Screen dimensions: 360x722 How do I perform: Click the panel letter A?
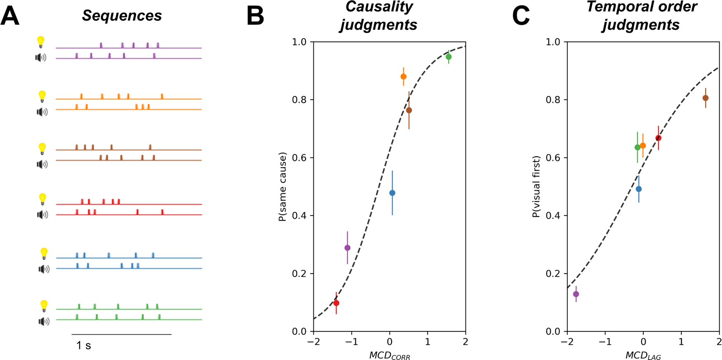point(10,17)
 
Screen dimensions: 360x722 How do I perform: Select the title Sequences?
point(122,16)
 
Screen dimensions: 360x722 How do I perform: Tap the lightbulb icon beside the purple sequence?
point(41,42)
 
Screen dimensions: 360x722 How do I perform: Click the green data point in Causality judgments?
point(449,57)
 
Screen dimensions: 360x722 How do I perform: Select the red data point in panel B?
point(336,303)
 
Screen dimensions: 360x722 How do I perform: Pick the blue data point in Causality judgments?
point(392,193)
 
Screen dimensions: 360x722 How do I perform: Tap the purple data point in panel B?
point(347,248)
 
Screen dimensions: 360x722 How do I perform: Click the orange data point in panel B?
point(403,77)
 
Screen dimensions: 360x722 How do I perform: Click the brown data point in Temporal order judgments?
point(705,98)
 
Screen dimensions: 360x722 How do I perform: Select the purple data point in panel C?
point(576,294)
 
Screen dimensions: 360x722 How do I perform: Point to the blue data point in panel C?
point(638,189)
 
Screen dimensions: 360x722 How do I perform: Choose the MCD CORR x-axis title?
point(390,355)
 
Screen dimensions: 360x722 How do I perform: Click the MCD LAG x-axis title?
point(643,355)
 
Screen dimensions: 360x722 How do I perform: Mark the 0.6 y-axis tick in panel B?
point(301,158)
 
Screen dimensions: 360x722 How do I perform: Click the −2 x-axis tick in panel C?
point(567,342)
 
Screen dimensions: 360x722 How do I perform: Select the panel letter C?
point(521,17)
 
